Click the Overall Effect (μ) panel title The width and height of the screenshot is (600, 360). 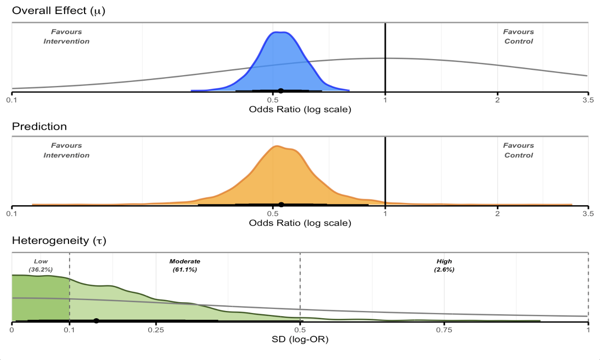(x=59, y=11)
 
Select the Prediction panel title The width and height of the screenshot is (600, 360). (x=39, y=127)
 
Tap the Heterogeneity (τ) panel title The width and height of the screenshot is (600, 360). (x=59, y=241)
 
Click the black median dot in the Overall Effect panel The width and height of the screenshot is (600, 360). (x=281, y=91)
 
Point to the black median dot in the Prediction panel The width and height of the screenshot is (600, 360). (x=281, y=205)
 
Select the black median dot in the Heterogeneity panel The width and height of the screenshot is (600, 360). (x=96, y=321)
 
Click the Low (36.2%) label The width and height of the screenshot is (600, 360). (x=41, y=266)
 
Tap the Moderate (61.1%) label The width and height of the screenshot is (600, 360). (x=185, y=266)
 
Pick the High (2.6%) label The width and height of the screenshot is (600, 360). (x=444, y=266)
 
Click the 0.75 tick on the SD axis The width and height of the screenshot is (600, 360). (x=444, y=330)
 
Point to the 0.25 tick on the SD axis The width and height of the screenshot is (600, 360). (x=156, y=330)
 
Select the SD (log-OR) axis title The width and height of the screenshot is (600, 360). (x=300, y=340)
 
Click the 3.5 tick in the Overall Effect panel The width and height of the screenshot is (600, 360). (x=588, y=100)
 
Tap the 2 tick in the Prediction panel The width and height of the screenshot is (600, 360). (x=497, y=214)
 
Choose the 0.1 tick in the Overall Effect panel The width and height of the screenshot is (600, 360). (x=12, y=100)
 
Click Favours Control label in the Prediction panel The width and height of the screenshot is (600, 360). (x=518, y=150)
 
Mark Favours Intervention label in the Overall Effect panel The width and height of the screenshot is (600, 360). (x=66, y=37)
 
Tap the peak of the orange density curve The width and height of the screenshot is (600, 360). (x=276, y=146)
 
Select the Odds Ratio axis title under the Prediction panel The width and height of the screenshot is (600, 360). (x=300, y=223)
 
